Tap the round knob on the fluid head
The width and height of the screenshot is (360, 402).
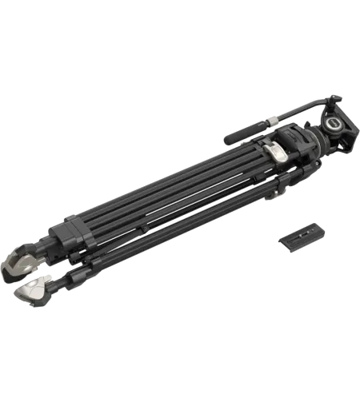click(x=330, y=125)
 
